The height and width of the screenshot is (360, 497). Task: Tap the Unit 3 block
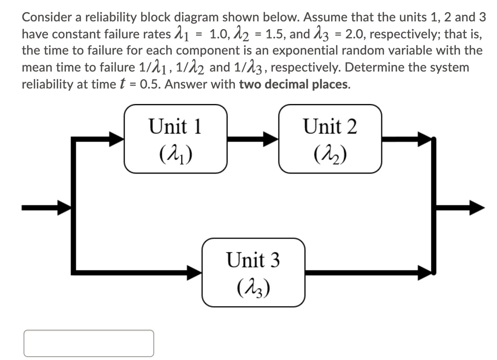click(x=253, y=273)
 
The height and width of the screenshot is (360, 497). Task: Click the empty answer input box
click(x=89, y=343)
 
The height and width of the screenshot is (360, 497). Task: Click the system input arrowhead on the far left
click(x=63, y=208)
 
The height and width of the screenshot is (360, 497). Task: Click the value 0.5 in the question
click(x=149, y=84)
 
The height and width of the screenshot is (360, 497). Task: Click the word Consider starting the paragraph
click(x=47, y=17)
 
